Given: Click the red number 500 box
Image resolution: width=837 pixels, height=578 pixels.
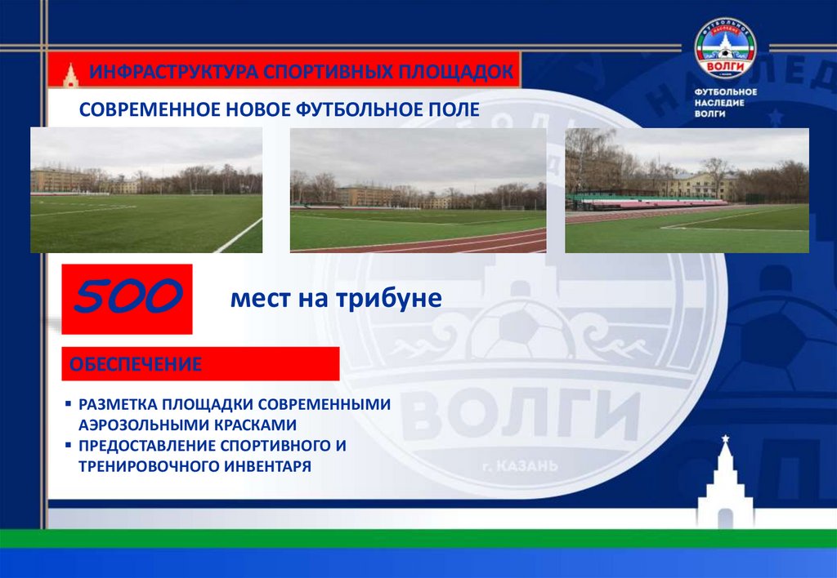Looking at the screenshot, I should point(127,299).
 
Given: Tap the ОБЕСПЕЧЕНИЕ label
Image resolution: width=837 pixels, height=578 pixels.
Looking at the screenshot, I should point(134,364).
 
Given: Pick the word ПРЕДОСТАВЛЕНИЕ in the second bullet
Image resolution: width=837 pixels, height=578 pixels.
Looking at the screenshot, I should point(146,446).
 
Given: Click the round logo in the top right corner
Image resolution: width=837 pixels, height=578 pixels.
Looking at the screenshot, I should point(725,49).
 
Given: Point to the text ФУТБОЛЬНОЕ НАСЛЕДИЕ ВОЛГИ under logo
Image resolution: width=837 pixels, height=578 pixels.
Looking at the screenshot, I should point(725,103).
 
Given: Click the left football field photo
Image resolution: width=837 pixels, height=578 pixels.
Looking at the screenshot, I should point(146,189).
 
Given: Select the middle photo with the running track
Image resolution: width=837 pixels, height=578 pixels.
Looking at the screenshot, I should point(418,189).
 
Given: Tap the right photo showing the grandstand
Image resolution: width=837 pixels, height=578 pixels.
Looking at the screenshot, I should point(687,189).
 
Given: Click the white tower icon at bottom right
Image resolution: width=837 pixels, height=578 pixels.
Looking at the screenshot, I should point(725,482).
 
